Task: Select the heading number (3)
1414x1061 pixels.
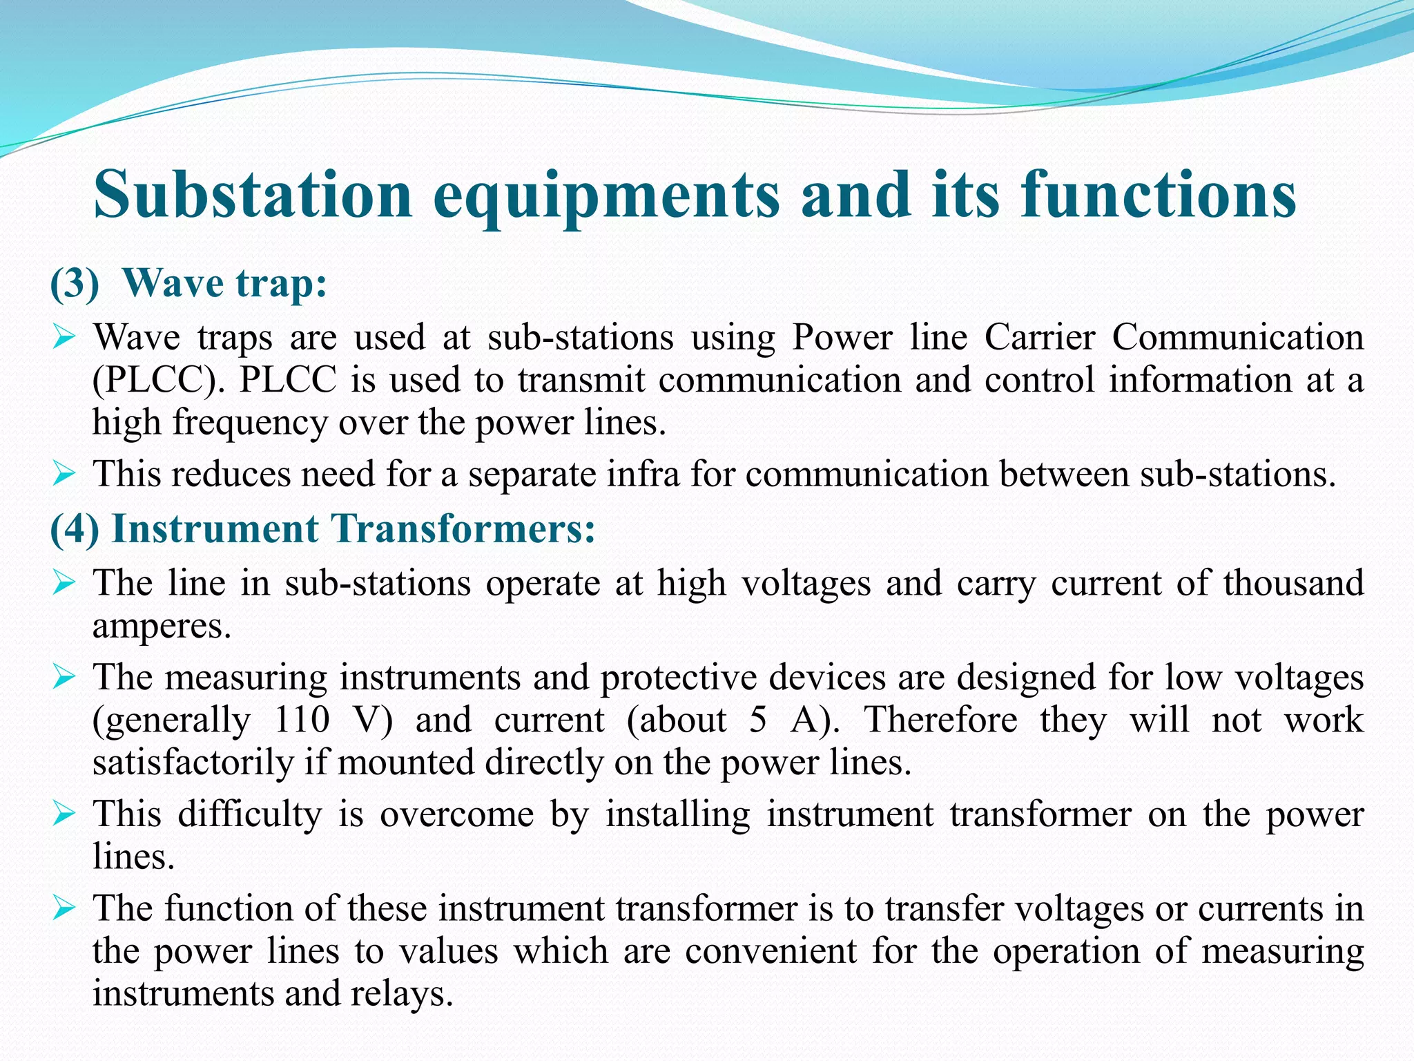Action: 75,284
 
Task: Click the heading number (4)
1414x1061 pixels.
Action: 75,530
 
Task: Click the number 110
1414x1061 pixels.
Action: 302,720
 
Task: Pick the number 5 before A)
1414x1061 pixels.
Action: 758,720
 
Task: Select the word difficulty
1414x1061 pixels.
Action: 250,814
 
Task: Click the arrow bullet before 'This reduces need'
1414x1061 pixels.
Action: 63,475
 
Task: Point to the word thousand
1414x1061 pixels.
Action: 1293,583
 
